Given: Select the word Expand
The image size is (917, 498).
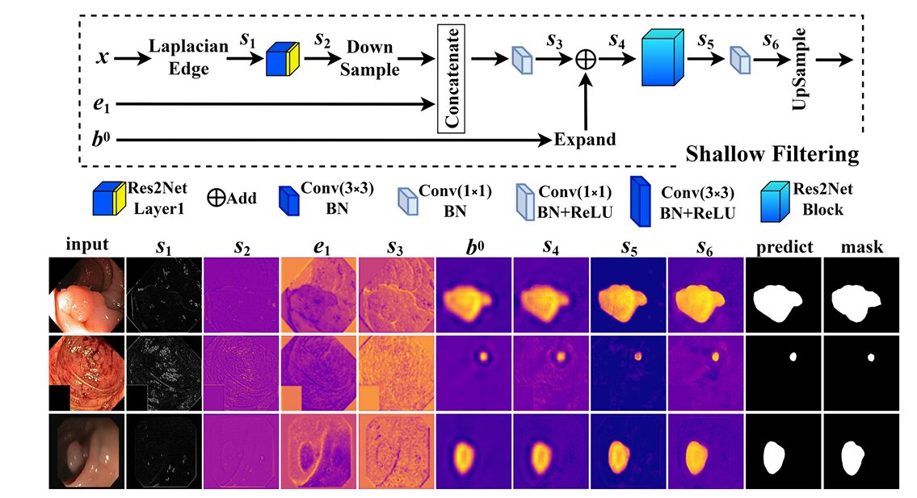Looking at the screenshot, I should pos(584,139).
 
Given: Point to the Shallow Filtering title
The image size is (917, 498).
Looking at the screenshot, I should pos(772,153).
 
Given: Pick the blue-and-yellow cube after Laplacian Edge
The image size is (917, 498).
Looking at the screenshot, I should pos(283,59).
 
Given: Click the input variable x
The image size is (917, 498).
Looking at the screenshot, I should pos(103,59).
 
